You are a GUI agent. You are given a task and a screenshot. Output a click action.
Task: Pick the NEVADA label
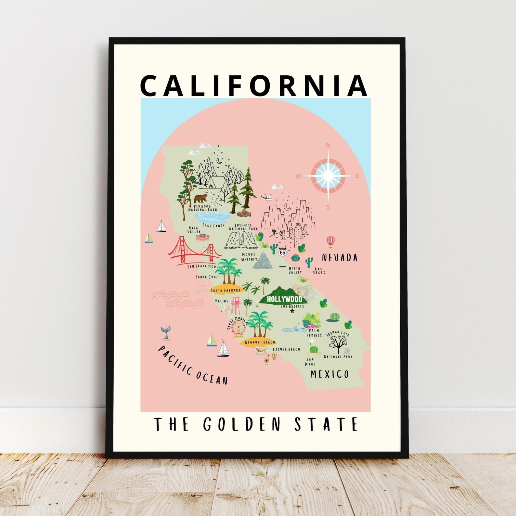coord(340,258)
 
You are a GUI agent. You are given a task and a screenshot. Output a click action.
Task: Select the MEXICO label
coord(329,374)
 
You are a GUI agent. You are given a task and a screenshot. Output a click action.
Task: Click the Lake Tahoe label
coord(213,225)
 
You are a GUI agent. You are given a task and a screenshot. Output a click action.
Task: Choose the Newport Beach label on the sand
coord(260,342)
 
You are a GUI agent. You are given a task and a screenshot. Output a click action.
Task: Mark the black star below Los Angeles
coord(292,311)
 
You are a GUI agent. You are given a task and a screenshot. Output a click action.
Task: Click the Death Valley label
coord(295,270)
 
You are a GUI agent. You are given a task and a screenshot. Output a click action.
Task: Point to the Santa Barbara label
coord(226,290)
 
